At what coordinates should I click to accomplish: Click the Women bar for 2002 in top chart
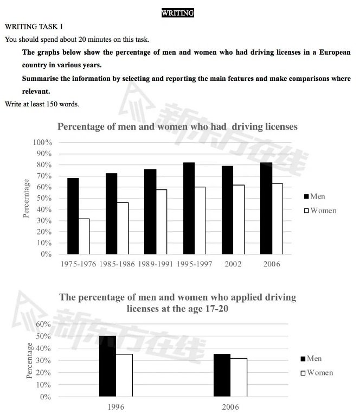(x=237, y=219)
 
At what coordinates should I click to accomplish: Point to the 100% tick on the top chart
(x=42, y=142)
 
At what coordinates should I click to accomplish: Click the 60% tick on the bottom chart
(x=42, y=324)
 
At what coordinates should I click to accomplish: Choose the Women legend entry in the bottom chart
(x=320, y=373)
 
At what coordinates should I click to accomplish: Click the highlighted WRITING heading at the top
(x=178, y=13)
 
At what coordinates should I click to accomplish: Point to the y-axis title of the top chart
(x=26, y=198)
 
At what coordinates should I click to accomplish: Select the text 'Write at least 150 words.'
(x=42, y=104)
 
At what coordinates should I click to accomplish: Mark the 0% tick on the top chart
(x=46, y=254)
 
